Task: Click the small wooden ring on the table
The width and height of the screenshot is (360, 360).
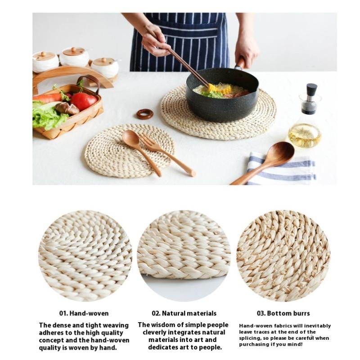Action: [x=144, y=114]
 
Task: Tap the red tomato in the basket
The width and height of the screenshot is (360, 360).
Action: [x=84, y=101]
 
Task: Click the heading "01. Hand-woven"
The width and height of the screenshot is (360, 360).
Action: [x=84, y=313]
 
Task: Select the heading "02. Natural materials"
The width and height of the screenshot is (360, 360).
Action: [x=184, y=313]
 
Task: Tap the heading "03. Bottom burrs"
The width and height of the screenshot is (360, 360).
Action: [x=283, y=313]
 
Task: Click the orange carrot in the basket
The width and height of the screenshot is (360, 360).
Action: [x=47, y=98]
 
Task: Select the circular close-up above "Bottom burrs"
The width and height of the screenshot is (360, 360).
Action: [x=283, y=256]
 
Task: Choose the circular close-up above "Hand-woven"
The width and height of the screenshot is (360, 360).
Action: [x=85, y=256]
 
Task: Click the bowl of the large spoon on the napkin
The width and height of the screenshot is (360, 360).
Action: [x=278, y=153]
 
